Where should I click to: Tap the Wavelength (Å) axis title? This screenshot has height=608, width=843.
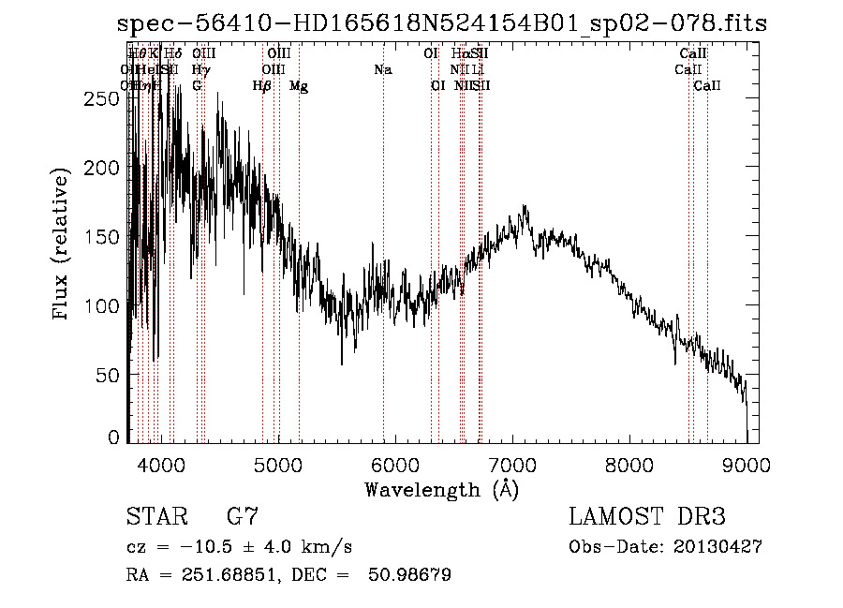441,489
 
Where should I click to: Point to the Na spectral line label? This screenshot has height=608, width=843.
382,69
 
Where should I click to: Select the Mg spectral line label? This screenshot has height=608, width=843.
299,86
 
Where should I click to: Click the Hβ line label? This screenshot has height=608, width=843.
262,86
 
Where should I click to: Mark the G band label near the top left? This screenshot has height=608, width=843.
197,86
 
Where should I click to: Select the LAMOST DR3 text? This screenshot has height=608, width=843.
647,518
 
